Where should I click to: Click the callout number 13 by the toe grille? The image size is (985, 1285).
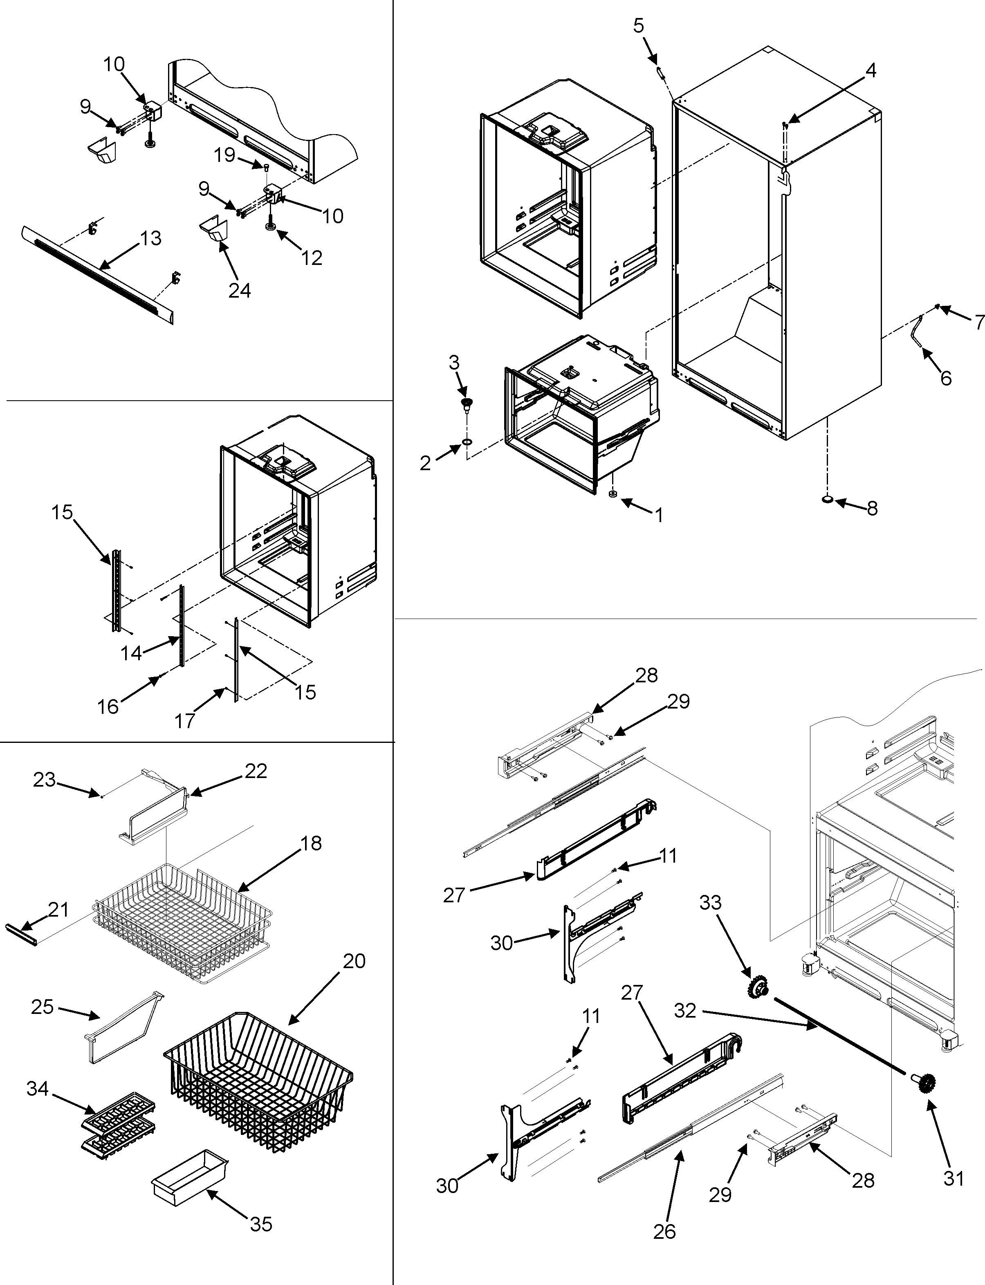151,239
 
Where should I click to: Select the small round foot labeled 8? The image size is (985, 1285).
827,500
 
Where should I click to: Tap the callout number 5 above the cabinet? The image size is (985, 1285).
639,25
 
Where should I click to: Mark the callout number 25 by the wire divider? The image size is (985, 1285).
42,1007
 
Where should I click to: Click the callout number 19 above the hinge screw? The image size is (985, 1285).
224,155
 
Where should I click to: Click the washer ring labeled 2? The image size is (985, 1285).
467,440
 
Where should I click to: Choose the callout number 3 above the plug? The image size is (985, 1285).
454,362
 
